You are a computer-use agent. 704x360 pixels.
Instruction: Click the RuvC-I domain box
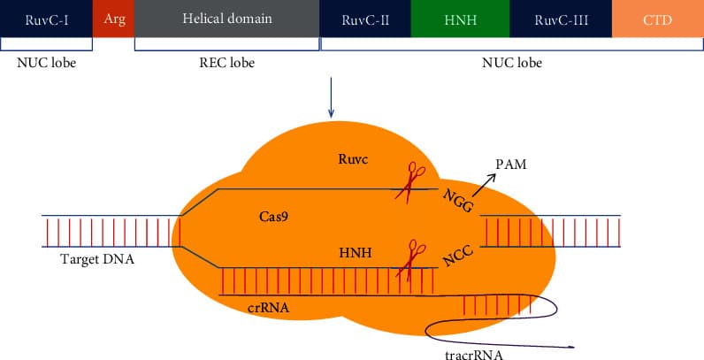(x=46, y=19)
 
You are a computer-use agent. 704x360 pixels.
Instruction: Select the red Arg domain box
(x=113, y=19)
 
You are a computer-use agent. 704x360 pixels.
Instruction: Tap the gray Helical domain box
(x=226, y=19)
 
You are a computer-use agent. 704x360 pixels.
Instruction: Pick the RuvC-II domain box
(x=366, y=19)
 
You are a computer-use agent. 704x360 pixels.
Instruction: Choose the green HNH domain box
(x=460, y=19)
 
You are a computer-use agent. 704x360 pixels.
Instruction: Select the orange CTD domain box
(x=657, y=19)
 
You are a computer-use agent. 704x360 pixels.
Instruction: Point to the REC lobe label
(x=226, y=63)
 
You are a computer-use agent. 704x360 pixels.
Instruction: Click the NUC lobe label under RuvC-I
(x=46, y=63)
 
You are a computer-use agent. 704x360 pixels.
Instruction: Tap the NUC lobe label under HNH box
(x=511, y=63)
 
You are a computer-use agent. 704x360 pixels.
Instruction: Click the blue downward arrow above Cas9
(x=331, y=97)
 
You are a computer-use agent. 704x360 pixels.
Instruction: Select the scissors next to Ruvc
(x=410, y=180)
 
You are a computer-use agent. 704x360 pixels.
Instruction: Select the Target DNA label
(x=95, y=259)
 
